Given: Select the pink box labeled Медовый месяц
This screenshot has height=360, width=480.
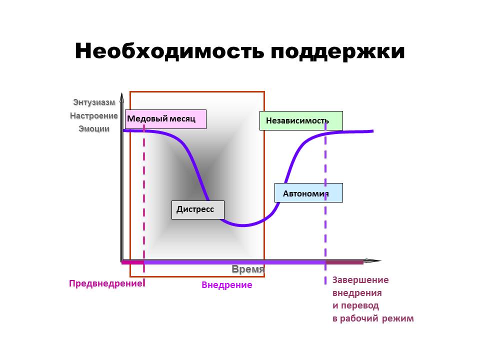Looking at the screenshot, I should point(165,119).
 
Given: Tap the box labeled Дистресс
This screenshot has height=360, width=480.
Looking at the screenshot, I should point(197,209).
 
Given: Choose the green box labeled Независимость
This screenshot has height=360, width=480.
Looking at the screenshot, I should point(300,120).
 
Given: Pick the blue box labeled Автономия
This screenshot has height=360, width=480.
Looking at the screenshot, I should point(308,193).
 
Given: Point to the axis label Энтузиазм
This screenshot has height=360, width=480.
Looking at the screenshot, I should point(94,102).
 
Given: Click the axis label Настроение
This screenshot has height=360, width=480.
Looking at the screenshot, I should point(94,115).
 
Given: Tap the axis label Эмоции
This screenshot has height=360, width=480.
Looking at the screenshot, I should point(94,128).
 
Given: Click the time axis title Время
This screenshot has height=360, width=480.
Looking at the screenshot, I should point(247,269).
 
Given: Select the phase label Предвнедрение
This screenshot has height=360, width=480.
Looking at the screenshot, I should point(105,283).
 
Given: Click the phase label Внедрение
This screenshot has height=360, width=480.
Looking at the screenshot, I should point(226,285).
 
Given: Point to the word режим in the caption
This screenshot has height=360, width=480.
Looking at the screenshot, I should point(398,318).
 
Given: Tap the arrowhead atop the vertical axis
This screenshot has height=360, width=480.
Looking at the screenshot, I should point(121,96).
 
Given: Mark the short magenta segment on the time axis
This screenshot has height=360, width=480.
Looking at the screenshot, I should point(133,262).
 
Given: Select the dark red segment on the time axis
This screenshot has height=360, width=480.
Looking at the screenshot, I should point(344,262).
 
